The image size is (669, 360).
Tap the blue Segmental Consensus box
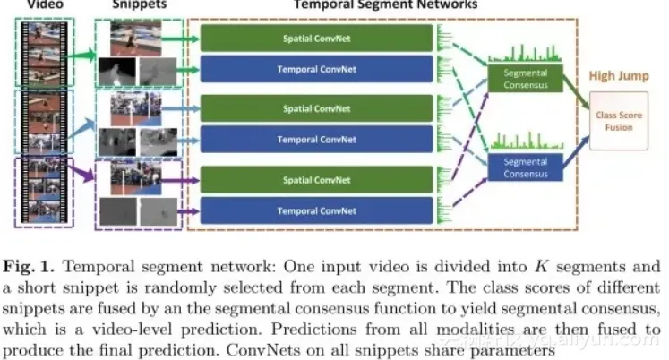click(x=525, y=166)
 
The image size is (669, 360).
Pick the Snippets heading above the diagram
click(x=137, y=4)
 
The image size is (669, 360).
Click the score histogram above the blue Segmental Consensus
click(x=524, y=141)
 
